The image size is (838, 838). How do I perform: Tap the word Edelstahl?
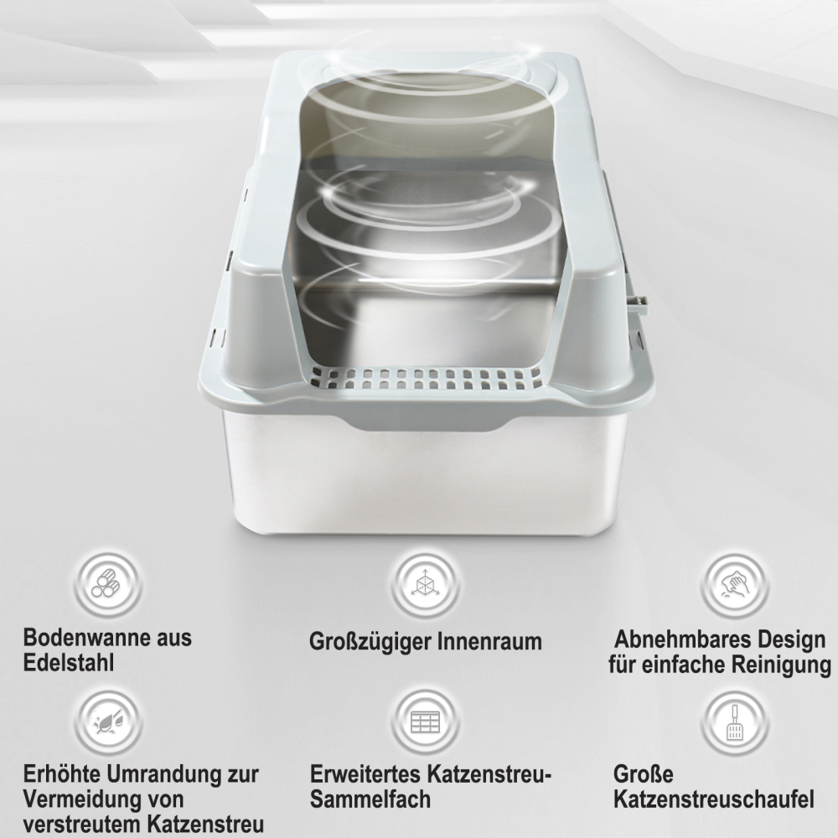pos(69,663)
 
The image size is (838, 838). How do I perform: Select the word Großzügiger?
pos(369,642)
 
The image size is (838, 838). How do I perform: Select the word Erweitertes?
pos(365,773)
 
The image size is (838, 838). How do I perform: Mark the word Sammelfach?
pos(370,799)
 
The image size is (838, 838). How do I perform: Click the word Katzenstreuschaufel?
pos(714,799)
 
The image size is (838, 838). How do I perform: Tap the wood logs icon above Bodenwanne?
pos(107,583)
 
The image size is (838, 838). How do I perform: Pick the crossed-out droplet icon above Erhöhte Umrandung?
pos(107,722)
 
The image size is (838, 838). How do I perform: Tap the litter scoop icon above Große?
pos(735,722)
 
